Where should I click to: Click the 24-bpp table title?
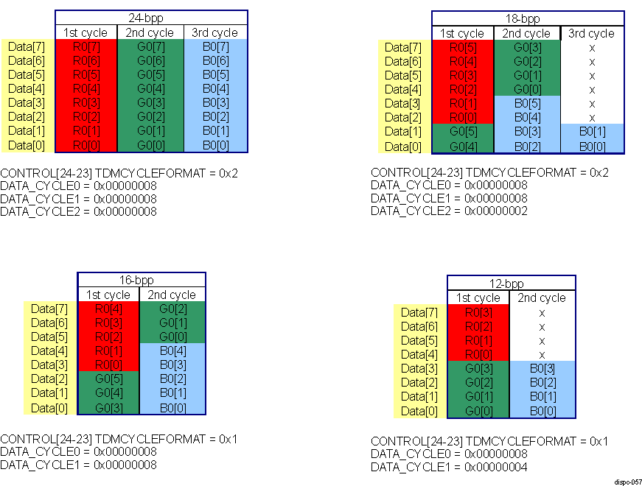coord(151,18)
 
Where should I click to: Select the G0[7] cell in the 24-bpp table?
coord(150,47)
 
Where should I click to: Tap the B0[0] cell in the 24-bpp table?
coord(214,145)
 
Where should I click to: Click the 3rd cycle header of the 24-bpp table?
coord(214,32)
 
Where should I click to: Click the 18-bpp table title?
coord(527,19)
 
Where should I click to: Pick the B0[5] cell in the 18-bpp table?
coord(527,104)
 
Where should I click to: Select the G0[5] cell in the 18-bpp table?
coord(462,132)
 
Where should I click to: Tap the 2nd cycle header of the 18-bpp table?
coord(527,34)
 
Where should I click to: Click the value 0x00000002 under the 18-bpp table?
coord(496,211)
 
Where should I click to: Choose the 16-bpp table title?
coord(141,281)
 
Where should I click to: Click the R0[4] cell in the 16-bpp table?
coord(108,309)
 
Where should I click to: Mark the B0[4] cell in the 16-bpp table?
coord(172,351)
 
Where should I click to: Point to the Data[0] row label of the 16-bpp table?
coord(51,408)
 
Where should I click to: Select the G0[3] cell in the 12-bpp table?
coord(478,368)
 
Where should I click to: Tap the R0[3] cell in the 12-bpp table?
coord(478,312)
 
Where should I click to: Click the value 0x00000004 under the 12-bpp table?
coord(496,468)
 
